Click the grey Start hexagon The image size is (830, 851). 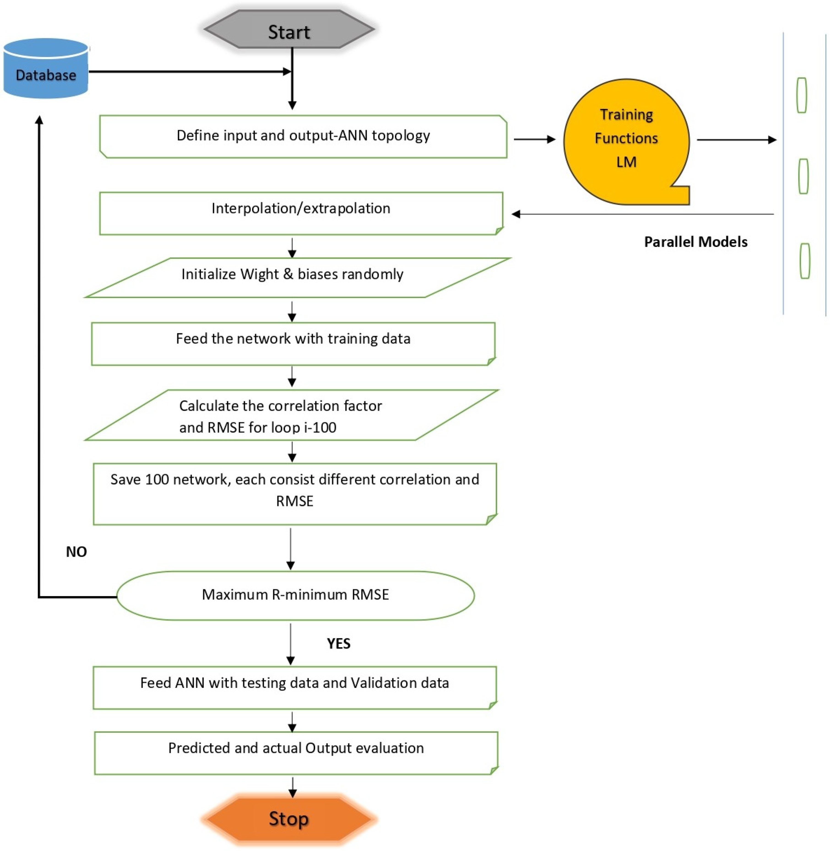pyautogui.click(x=289, y=30)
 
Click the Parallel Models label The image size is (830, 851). pyautogui.click(x=696, y=242)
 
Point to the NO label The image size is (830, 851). pyautogui.click(x=76, y=552)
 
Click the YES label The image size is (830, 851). pyautogui.click(x=339, y=644)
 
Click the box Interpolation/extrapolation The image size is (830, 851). pyautogui.click(x=301, y=213)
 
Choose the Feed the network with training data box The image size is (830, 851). pyautogui.click(x=293, y=343)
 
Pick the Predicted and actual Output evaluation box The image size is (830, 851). pyautogui.click(x=296, y=753)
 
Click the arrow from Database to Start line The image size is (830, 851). pyautogui.click(x=187, y=71)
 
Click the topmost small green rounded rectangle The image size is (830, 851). pyautogui.click(x=801, y=95)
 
